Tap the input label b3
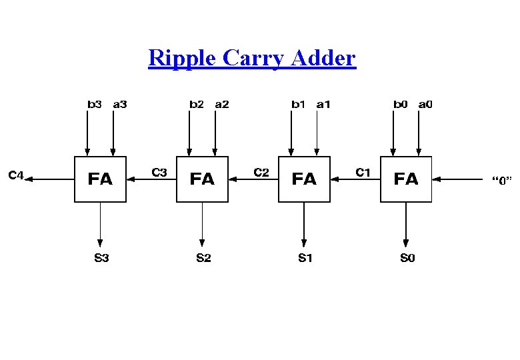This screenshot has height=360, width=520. coord(95,104)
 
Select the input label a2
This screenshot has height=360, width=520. coord(222,104)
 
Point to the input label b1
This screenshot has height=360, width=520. coord(298,104)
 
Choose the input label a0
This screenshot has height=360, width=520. coord(425,104)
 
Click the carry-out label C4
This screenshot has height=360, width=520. coord(16,175)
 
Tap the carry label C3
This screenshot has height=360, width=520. coord(160,173)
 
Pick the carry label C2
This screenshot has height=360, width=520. coord(262,173)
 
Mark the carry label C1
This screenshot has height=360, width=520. coord(363,173)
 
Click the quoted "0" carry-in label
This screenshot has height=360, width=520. coord(501,180)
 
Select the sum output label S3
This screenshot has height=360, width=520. coord(101,258)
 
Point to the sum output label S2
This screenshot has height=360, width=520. coord(203,258)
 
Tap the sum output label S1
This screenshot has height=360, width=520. coord(305,258)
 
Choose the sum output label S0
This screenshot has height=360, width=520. coord(407,258)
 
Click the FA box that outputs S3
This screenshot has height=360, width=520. coord(100,179)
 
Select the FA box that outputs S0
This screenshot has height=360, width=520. coord(406,179)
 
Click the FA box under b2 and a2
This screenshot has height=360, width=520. coord(202,179)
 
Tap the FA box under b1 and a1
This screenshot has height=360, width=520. coord(304,179)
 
